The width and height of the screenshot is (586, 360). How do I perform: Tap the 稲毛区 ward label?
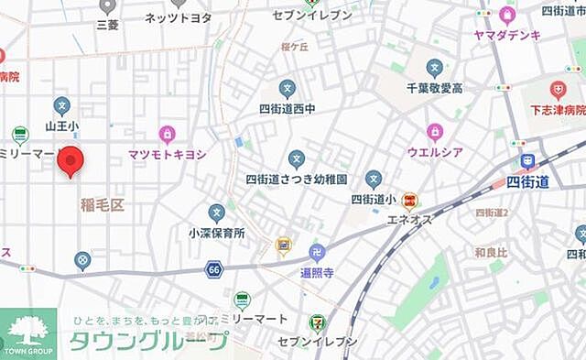point(102,204)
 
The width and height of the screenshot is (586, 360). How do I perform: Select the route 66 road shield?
point(214,269)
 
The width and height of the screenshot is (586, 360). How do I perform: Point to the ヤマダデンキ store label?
point(507,35)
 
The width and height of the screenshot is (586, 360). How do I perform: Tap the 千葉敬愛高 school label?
point(434,88)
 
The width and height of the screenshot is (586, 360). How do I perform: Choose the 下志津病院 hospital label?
point(557,110)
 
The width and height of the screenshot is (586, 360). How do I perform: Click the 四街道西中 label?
point(288,109)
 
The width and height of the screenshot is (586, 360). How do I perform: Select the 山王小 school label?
point(62,125)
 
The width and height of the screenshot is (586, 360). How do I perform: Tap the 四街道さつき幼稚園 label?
point(295,180)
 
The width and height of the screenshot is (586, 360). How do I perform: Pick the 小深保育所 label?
point(217,234)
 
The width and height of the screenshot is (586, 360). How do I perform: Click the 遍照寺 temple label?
point(318,272)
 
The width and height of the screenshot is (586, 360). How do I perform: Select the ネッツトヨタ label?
point(178,17)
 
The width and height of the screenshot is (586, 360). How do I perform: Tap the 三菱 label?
point(108,26)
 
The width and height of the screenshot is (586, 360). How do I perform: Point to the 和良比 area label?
point(492,251)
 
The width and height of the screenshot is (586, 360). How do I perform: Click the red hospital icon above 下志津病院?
point(558,90)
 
